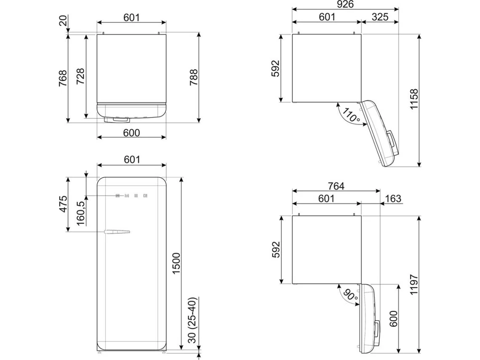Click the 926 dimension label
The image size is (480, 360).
click(x=345, y=4)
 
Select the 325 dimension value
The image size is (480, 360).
click(x=380, y=17)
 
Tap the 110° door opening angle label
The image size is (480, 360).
click(x=351, y=115)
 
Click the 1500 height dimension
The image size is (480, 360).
click(x=177, y=263)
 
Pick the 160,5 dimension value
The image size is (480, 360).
click(x=80, y=213)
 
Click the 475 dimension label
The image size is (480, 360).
click(x=63, y=204)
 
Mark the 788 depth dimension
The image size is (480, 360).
click(x=194, y=77)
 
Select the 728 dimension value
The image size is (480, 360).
click(x=80, y=76)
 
